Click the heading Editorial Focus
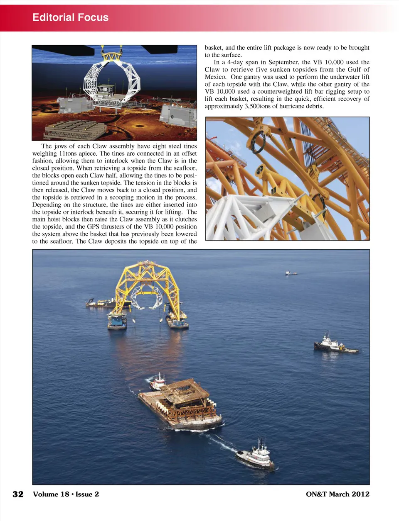[70, 17]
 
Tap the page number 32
[18, 494]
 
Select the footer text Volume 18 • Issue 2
[66, 494]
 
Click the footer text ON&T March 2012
[337, 494]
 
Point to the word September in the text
[283, 62]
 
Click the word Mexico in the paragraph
[216, 77]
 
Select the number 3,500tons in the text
[257, 106]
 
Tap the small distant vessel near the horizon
[291, 273]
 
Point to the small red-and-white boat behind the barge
[158, 382]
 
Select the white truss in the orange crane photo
[249, 216]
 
